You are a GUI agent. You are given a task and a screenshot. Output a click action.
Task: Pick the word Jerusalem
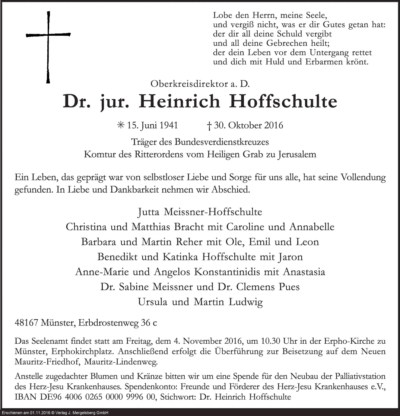(x=296, y=155)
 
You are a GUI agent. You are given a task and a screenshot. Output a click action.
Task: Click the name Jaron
(x=289, y=257)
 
